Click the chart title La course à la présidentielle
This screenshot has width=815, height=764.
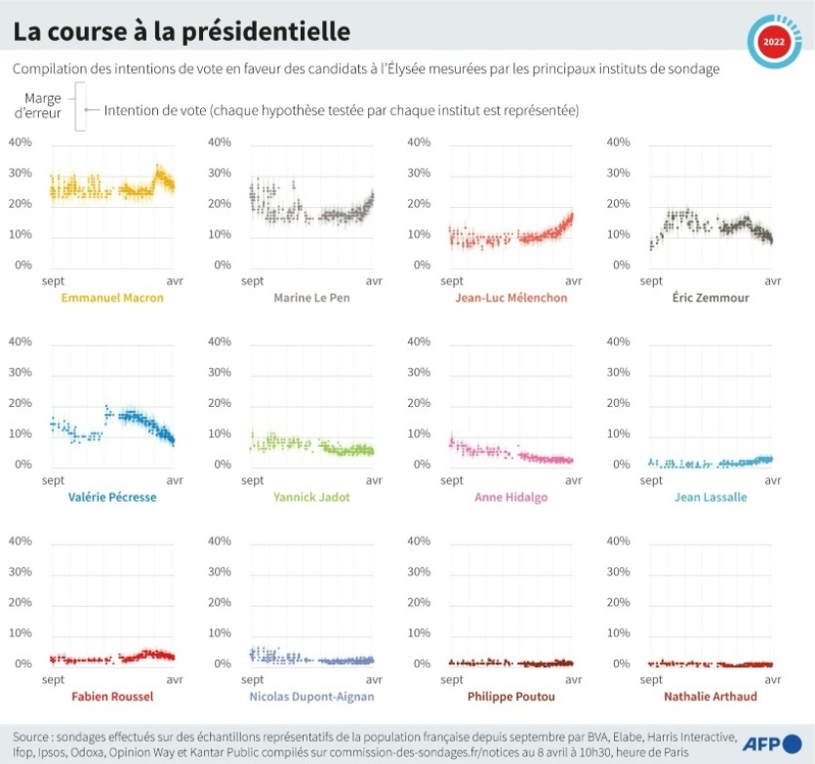point(181,31)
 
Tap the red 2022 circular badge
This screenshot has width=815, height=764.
point(773,42)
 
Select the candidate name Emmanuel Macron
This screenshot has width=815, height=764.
point(112,298)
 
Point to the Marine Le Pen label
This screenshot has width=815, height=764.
point(311,298)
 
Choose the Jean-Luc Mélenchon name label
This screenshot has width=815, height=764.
point(510,298)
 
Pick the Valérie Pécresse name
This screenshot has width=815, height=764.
point(112,497)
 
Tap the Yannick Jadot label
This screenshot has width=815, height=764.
point(311,497)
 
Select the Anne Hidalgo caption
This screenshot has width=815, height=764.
point(510,497)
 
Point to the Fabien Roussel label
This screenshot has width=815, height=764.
point(112,697)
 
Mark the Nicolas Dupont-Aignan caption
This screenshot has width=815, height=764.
point(311,697)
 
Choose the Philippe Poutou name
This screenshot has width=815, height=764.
point(510,697)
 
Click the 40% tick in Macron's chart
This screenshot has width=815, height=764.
point(20,142)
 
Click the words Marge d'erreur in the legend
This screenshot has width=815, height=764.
point(43,105)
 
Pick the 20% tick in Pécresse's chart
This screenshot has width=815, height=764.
point(20,403)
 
